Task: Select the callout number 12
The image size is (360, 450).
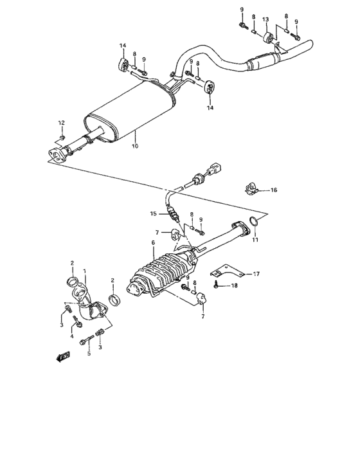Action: click(x=62, y=123)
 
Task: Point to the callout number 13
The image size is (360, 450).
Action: click(x=265, y=20)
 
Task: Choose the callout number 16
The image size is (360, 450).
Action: click(x=273, y=190)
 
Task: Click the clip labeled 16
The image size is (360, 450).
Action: click(x=250, y=189)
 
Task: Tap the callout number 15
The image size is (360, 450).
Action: click(x=153, y=213)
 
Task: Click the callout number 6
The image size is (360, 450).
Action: click(x=153, y=243)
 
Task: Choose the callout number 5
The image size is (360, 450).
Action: click(x=89, y=354)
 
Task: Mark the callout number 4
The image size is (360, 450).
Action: click(x=72, y=336)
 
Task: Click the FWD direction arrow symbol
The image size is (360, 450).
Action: click(x=64, y=355)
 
